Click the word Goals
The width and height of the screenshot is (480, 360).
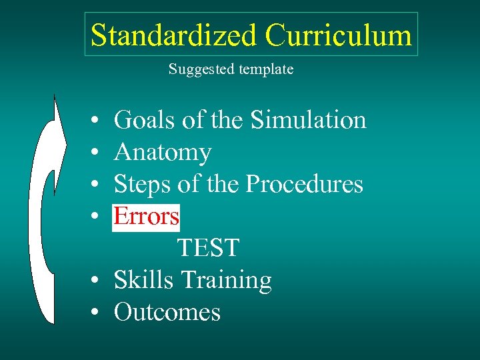[x=145, y=120]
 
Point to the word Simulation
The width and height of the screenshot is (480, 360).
[x=308, y=120]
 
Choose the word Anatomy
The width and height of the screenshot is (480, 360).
[x=163, y=153]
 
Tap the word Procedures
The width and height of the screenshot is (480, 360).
[x=304, y=184]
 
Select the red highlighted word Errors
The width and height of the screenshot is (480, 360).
[x=146, y=216]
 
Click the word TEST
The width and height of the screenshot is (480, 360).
[x=208, y=248]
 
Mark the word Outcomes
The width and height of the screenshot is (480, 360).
[x=167, y=312]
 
